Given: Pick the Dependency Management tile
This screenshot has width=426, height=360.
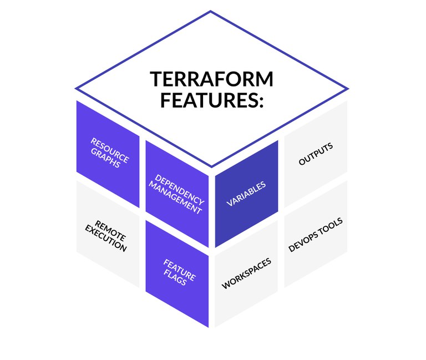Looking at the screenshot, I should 177,194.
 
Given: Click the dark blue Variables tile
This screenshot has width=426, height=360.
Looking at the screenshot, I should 246,192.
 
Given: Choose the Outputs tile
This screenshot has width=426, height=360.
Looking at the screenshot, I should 316,154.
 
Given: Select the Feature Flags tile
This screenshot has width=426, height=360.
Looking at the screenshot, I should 177,272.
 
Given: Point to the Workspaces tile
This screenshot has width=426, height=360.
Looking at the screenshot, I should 246,273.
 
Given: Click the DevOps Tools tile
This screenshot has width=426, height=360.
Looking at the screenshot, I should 316,235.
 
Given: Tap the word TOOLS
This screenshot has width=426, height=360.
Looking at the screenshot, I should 332,226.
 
